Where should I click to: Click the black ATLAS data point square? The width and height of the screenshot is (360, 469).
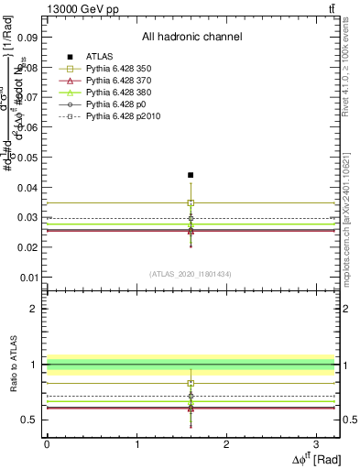(191, 175)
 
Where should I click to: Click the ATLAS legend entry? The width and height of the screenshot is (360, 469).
(101, 56)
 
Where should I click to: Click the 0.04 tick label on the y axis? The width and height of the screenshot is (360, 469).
(28, 188)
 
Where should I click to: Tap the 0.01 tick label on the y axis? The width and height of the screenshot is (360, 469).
(28, 278)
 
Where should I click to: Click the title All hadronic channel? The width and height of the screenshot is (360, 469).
(191, 37)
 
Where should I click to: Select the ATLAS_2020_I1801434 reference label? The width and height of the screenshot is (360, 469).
(191, 274)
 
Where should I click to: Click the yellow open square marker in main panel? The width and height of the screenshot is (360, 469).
(191, 202)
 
